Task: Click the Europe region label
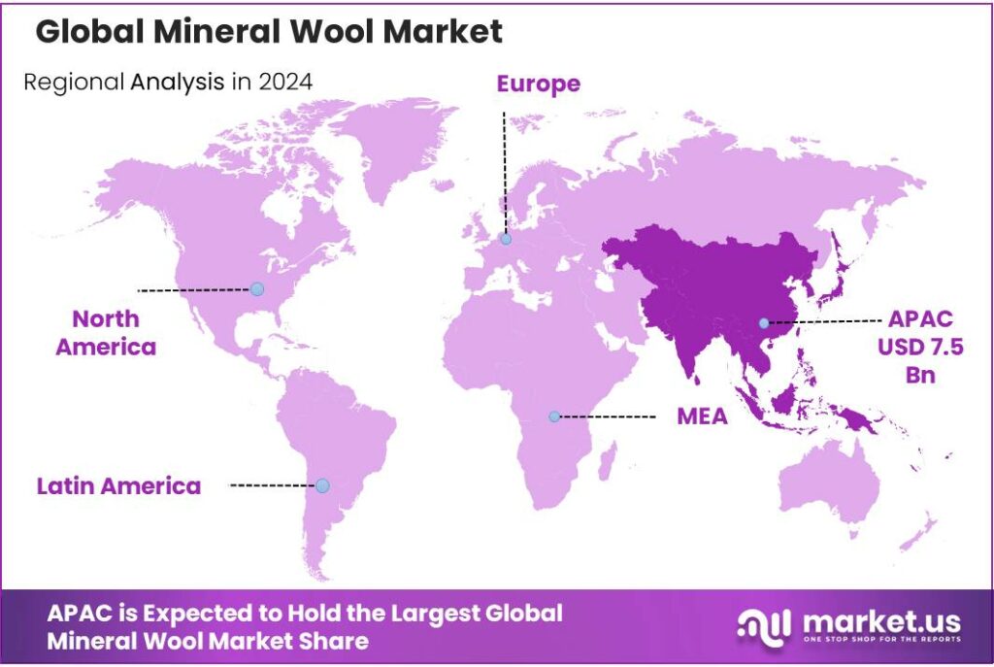[538, 84]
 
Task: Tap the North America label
[106, 332]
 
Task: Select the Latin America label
[118, 485]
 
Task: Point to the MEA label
[703, 417]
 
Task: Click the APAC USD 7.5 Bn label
[926, 347]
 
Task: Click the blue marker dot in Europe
[505, 239]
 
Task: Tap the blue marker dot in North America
[256, 288]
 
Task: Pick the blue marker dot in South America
[322, 485]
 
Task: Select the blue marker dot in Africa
[554, 416]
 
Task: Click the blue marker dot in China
[764, 322]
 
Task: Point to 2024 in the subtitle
[285, 82]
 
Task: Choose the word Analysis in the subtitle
[178, 82]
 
